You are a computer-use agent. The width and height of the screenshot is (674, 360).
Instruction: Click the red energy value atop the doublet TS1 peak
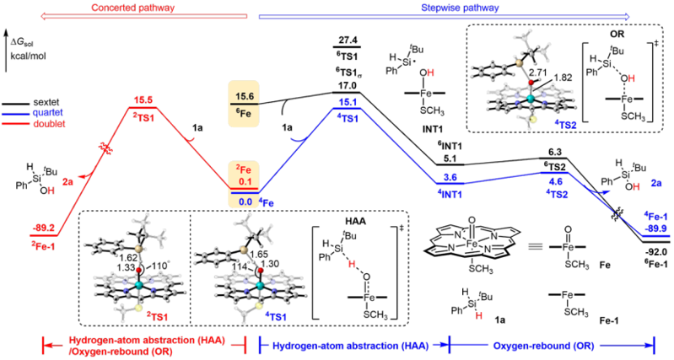point(143,99)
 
